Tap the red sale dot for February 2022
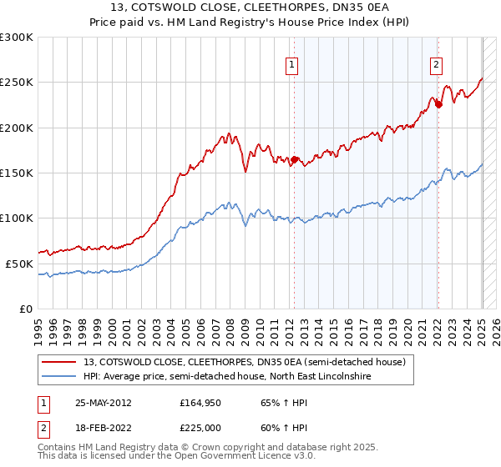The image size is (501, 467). coord(438,105)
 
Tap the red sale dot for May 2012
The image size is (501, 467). coord(294,159)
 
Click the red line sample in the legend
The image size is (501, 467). coord(60,362)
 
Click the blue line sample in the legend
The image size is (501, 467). coord(60,377)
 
